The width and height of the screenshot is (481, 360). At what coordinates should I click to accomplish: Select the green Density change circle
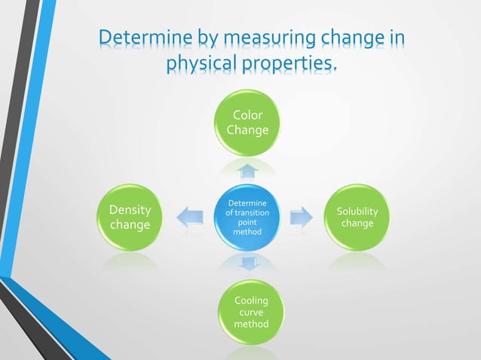[x=130, y=217]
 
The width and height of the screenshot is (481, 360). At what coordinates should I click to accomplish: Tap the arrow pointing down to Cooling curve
[x=247, y=264]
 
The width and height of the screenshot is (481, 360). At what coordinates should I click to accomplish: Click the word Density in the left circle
[x=130, y=209]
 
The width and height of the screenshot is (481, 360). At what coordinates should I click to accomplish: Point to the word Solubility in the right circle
[x=357, y=212]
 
